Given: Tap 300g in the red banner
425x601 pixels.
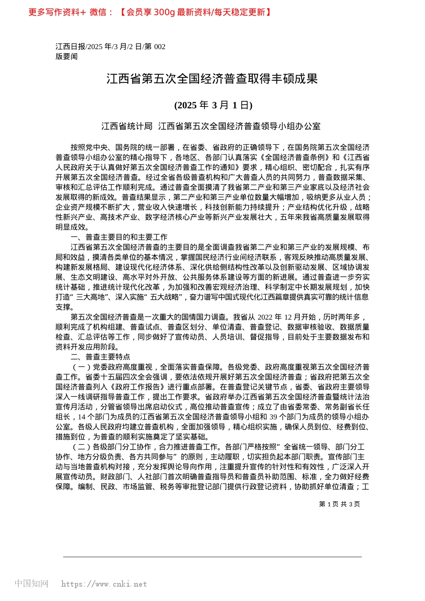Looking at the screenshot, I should click(x=164, y=12).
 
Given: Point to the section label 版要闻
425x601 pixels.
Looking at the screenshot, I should click(x=67, y=56).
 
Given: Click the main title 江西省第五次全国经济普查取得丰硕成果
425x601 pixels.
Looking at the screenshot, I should click(x=212, y=79).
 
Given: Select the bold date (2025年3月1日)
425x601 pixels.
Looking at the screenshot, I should click(x=213, y=105).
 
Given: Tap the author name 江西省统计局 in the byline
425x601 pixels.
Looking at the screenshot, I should click(x=127, y=127).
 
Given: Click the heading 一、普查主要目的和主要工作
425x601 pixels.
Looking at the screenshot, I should click(x=119, y=237).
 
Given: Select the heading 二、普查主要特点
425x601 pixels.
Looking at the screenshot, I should click(x=100, y=357).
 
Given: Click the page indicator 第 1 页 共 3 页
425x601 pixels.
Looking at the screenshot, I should click(x=339, y=504).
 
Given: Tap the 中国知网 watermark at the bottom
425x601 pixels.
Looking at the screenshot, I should click(x=31, y=584).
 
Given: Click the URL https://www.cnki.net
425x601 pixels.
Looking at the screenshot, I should click(x=104, y=584).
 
